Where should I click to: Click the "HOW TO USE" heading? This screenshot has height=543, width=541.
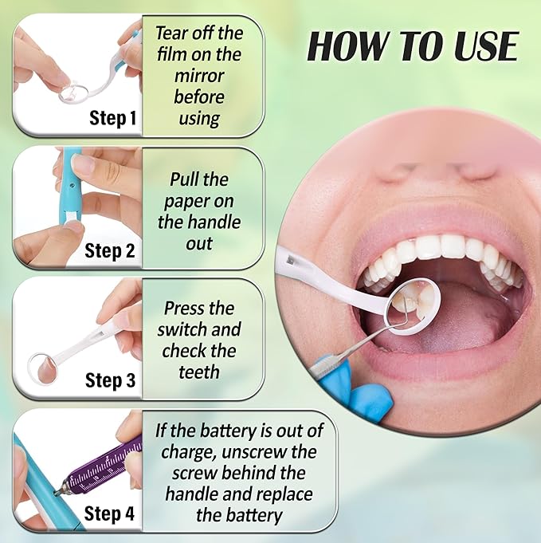pyautogui.click(x=413, y=46)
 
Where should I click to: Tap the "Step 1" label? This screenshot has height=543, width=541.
pyautogui.click(x=113, y=118)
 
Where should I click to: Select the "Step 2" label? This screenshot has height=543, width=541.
pyautogui.click(x=110, y=250)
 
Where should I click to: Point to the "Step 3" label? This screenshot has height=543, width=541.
pyautogui.click(x=110, y=380)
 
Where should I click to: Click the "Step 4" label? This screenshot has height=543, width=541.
pyautogui.click(x=109, y=513)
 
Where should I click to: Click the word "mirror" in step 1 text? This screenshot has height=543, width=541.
pyautogui.click(x=199, y=76)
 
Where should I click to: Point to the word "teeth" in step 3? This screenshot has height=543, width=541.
pyautogui.click(x=199, y=372)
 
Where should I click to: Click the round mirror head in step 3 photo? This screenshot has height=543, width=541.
pyautogui.click(x=42, y=368)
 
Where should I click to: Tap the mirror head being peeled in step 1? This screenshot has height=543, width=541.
pyautogui.click(x=73, y=92)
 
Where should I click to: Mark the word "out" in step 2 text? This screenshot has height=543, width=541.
pyautogui.click(x=199, y=244)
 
